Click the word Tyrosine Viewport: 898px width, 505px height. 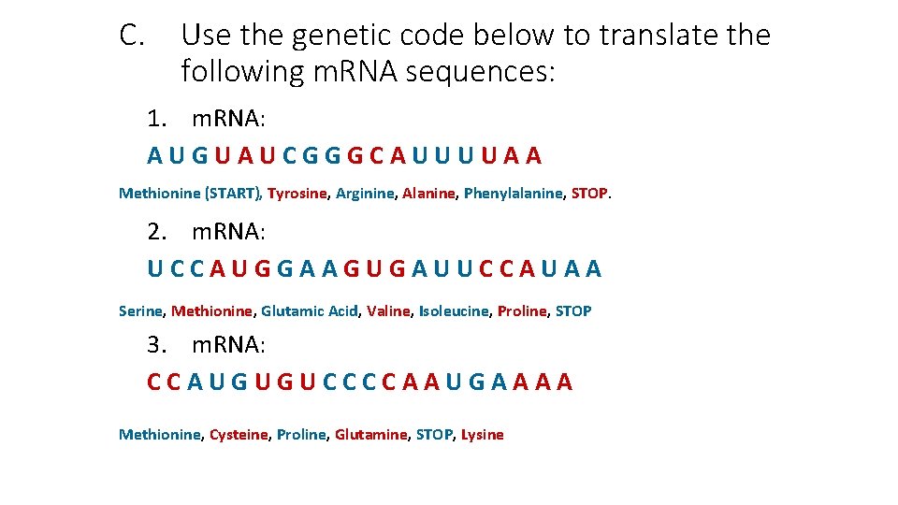tap(297, 194)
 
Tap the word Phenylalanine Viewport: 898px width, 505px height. tap(514, 194)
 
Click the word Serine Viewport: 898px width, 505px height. tap(141, 310)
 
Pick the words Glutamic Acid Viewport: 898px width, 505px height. tap(309, 310)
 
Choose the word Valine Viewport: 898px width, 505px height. tap(387, 310)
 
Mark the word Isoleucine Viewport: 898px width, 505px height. tap(453, 310)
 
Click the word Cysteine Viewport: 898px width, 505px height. tap(238, 434)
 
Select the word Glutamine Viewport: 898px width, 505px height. tap(370, 434)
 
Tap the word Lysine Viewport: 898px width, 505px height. tap(482, 434)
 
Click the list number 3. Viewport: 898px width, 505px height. tap(156, 345)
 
